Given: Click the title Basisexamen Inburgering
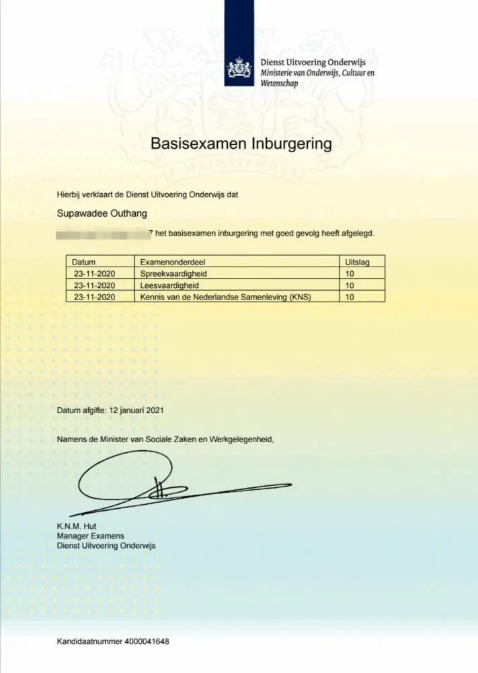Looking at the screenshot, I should pos(241,144).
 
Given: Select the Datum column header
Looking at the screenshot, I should pos(84,262).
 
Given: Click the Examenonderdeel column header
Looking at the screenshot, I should pos(169,262).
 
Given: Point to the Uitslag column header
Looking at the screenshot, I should pos(356,262).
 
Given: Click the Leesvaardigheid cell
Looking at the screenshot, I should pos(168,285).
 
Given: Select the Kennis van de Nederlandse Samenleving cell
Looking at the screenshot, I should pos(225,296).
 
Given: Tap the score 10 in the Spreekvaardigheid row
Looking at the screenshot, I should pos(349,273).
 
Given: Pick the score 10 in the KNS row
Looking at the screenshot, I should pos(349,296).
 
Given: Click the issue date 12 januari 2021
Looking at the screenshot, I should pos(136,409).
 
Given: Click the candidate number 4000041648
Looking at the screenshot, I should pos(147,641).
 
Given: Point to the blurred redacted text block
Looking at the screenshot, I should pos(103,234).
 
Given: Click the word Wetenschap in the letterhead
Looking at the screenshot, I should pos(279,83).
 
